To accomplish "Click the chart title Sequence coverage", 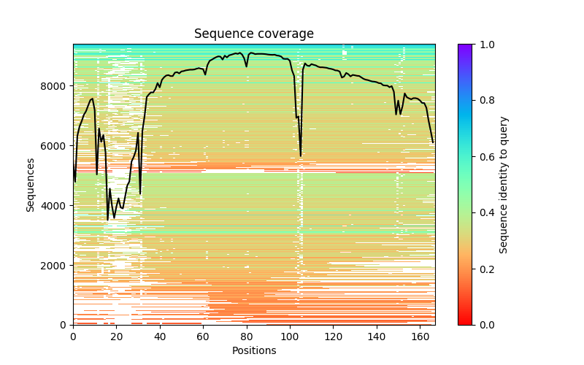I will coord(253,34).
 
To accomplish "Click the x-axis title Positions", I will coord(253,350).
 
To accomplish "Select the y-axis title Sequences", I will coord(31,184).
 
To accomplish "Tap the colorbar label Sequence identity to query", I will coord(504,184).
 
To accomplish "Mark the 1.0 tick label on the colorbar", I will coord(485,45).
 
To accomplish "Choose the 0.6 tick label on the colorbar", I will coord(485,156).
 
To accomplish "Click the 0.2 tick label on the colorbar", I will coord(485,269).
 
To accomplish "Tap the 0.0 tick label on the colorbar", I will coord(485,325).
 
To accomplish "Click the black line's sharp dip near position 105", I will coord(301,155).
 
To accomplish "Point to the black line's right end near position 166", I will coord(433,142).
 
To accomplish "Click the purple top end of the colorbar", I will coord(464,47).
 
